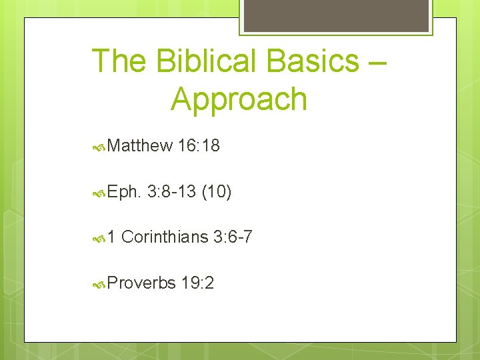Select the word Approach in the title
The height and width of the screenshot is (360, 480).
239,99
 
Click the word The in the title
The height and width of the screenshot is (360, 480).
119,61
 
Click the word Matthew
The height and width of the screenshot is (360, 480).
139,146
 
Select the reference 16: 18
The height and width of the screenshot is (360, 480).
199,146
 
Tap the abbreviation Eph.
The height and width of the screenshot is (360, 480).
123,192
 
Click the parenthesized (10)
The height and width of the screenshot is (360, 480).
216,192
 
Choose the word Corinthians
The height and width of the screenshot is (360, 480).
165,237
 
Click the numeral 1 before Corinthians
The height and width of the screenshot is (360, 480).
112,237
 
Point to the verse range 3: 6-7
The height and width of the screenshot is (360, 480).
233,237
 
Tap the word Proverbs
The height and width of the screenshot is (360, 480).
141,283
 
